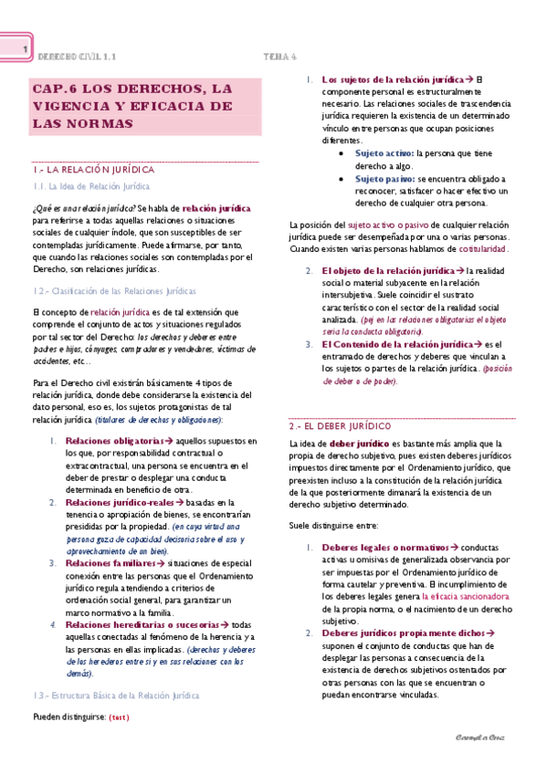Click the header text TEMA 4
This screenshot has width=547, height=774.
(x=281, y=56)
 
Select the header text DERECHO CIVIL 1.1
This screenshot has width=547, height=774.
(x=79, y=56)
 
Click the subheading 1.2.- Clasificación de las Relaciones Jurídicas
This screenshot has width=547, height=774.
(x=113, y=291)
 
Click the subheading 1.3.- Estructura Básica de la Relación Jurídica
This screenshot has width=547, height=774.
(x=115, y=696)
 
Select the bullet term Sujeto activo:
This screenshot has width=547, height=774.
(x=384, y=154)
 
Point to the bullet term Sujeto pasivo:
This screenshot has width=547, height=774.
(x=384, y=179)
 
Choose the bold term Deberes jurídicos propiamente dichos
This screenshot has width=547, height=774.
(x=402, y=633)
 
